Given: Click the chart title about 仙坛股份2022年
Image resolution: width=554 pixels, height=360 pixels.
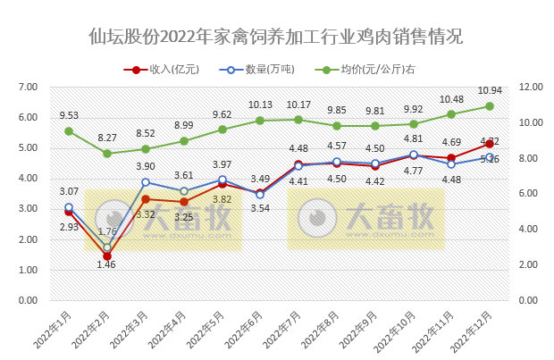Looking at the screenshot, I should [x=276, y=37].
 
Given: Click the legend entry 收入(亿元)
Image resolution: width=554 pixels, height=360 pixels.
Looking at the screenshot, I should [x=172, y=69].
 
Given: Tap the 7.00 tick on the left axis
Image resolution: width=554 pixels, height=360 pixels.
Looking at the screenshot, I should [x=27, y=87].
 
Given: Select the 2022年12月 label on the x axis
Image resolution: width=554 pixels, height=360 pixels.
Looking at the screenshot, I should [x=472, y=330].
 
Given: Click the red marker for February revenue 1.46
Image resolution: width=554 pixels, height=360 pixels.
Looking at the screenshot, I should [x=107, y=255].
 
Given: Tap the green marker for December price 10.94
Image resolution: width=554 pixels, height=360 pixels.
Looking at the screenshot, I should [x=490, y=105].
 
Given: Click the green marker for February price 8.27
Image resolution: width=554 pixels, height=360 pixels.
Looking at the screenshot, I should [x=107, y=153].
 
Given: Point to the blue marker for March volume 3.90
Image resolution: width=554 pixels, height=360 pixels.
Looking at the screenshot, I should [x=146, y=182].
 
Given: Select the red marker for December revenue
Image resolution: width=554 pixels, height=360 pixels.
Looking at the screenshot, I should [x=490, y=144].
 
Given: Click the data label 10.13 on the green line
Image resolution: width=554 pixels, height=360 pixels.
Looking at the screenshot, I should [x=260, y=105].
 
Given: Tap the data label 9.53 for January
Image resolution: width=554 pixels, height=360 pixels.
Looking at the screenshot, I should [x=69, y=115].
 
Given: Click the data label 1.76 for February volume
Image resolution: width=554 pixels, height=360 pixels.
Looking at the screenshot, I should [x=107, y=232].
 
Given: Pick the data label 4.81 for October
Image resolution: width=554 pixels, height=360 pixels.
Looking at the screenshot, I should [x=413, y=138].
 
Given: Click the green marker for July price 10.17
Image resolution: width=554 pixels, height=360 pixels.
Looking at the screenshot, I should [x=298, y=120].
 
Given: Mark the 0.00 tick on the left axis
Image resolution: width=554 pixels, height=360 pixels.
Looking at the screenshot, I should [x=27, y=300].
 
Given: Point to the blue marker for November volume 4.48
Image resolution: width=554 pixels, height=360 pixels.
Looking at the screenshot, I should [x=451, y=163].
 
